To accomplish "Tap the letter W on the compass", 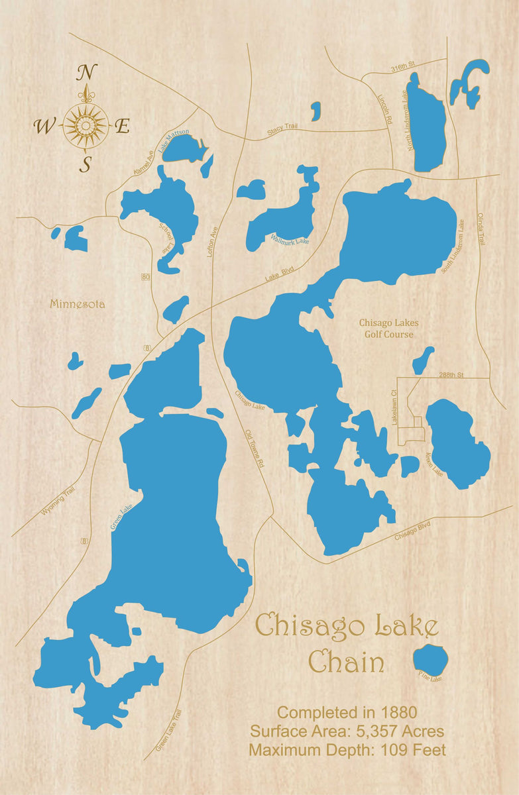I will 46,126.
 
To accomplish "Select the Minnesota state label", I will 77,304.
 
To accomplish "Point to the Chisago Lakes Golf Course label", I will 388,329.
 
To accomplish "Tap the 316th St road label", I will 402,67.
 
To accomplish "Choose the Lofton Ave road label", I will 213,242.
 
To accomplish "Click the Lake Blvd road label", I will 280,274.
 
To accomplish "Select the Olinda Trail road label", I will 482,230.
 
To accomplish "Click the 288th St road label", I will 451,375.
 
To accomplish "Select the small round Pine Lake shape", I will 431,659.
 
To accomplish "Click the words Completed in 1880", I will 347,713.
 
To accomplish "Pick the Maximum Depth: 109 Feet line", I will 347,750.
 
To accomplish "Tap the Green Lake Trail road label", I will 168,729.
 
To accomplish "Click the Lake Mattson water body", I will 182,148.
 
